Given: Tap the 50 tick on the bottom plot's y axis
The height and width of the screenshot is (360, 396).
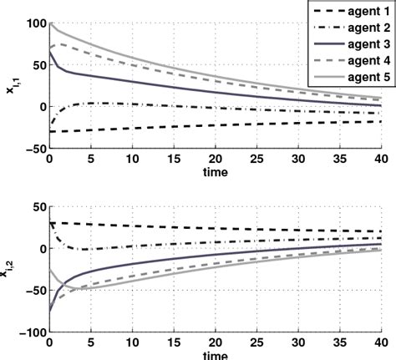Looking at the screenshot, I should [x=35, y=207].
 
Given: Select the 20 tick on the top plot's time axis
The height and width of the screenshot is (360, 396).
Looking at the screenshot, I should [x=216, y=159].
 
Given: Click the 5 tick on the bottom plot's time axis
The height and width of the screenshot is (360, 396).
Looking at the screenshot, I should [x=91, y=342].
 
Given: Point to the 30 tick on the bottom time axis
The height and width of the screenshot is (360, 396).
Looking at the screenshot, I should [x=298, y=342].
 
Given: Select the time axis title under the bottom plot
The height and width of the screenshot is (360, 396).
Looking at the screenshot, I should [x=216, y=354].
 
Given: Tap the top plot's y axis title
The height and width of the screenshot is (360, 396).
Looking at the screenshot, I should [x=10, y=85].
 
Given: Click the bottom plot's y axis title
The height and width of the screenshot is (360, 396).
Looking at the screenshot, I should [x=10, y=269].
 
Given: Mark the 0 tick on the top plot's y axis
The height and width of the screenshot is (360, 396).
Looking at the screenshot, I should [x=39, y=106].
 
